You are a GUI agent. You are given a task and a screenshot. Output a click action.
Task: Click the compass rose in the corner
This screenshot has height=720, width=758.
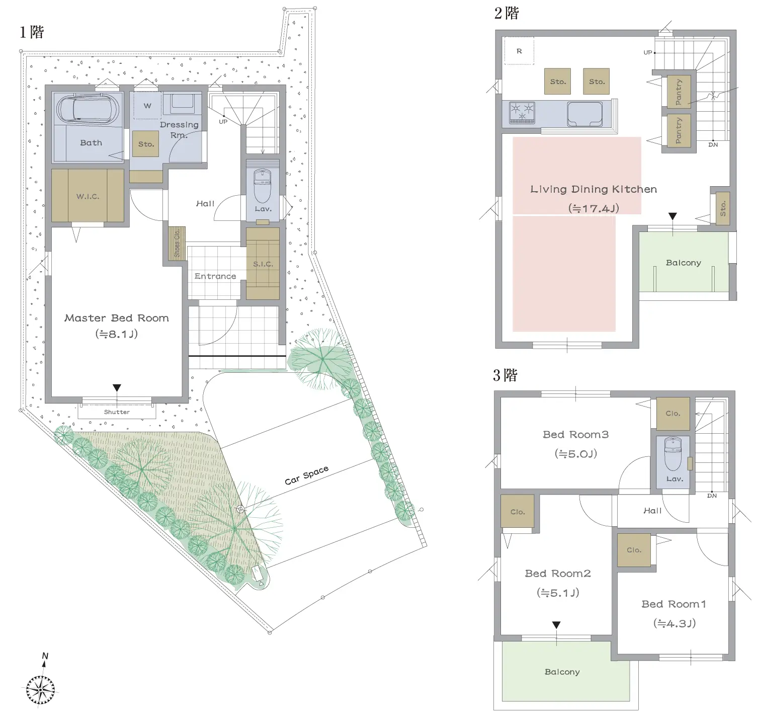coord(40,689)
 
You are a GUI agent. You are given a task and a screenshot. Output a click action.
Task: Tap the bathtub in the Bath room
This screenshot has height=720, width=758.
coord(89,108)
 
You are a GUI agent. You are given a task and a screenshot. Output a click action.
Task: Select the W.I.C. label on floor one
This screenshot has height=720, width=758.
coord(88,196)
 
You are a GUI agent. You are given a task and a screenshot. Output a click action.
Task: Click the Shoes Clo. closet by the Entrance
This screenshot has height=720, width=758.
coord(177,243)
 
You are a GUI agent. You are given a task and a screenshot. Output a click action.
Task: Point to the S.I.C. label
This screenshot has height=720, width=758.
coord(263,264)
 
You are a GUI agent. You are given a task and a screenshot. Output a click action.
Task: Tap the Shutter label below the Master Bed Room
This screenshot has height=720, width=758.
coord(117,412)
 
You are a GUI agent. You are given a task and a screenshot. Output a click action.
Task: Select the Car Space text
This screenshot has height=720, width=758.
coord(306,475)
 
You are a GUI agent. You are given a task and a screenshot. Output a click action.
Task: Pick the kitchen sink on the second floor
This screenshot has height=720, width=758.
coord(585,114)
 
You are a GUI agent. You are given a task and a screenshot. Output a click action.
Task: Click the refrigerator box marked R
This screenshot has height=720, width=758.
coord(519,51)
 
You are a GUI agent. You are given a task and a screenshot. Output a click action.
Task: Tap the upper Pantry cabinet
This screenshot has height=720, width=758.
coord(679,92)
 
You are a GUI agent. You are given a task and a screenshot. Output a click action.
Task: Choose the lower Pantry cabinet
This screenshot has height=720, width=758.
coord(679,130)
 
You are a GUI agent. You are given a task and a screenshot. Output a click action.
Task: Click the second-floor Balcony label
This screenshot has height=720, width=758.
coord(683,263)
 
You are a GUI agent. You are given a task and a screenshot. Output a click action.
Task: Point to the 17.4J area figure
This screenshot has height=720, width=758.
coord(594,208)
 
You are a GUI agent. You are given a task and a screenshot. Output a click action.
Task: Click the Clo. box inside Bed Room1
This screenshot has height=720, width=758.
coord(634,550)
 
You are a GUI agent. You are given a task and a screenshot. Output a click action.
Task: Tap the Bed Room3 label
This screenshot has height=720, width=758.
coord(575,434)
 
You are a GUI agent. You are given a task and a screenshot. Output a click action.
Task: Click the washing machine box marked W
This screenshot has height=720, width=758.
coord(147,105)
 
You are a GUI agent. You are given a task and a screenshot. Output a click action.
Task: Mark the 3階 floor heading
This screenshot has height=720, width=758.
coord(505,375)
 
